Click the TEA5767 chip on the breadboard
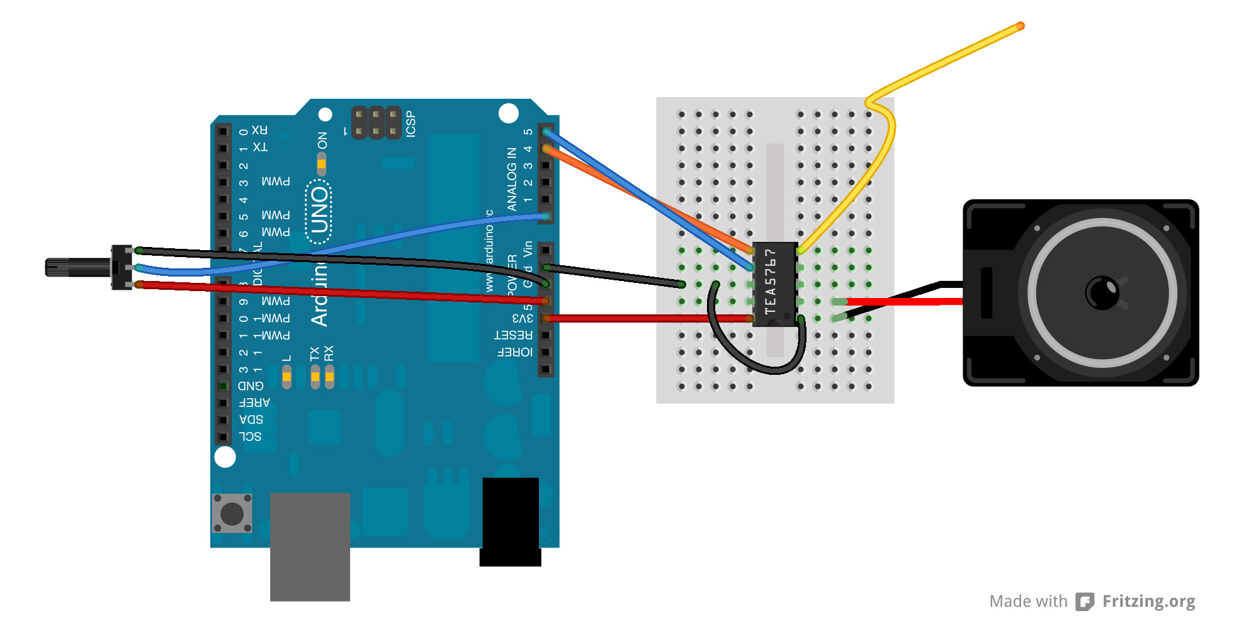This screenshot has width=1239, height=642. coord(775,284)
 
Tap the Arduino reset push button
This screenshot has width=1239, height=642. coord(232,513)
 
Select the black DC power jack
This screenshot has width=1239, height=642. coord(511,521)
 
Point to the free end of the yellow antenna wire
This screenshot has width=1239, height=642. coord(1020,26)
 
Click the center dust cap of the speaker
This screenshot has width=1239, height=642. coord(1102,292)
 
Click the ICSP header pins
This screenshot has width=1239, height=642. coord(376,123)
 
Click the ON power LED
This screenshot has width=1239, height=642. coord(322,164)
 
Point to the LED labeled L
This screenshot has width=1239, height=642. coord(286,377)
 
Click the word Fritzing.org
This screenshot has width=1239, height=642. coord(1148,601)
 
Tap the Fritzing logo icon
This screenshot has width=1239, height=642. coord(1084,602)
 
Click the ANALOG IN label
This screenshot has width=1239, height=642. coord(512,179)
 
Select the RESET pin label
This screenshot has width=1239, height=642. coord(513,335)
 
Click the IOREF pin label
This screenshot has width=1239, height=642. coord(514,352)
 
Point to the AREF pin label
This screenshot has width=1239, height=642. coord(254,403)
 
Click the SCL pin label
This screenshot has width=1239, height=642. coord(250,437)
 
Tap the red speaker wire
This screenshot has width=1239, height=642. coord(907,302)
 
